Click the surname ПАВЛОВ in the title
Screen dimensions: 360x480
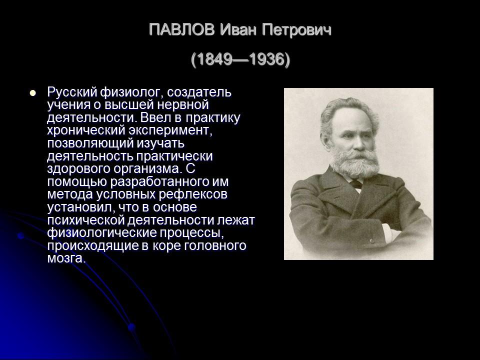pyautogui.click(x=182, y=30)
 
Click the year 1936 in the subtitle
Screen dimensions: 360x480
pyautogui.click(x=265, y=60)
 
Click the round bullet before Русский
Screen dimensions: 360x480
pyautogui.click(x=33, y=92)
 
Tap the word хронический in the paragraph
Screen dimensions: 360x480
pyautogui.click(x=79, y=131)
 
